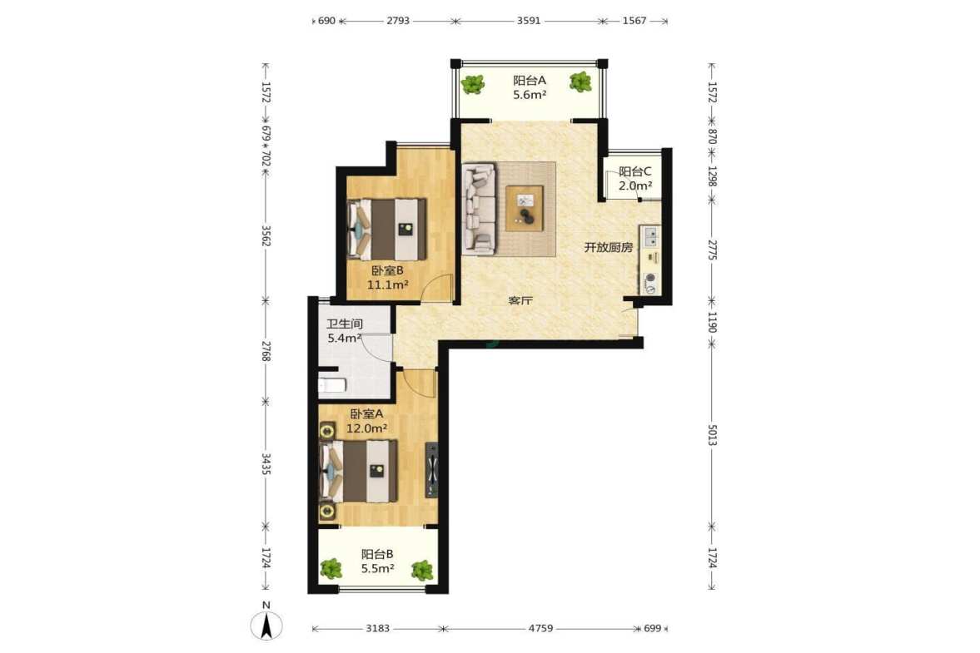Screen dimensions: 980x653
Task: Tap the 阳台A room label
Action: pyautogui.click(x=530, y=81)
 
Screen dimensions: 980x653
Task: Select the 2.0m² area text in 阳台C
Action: pyautogui.click(x=635, y=186)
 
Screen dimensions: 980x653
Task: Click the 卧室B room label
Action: pyautogui.click(x=387, y=270)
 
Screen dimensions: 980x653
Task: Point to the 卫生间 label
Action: pyautogui.click(x=345, y=324)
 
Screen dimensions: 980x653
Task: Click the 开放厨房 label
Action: pyautogui.click(x=608, y=247)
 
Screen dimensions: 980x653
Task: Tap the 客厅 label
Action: pyautogui.click(x=520, y=300)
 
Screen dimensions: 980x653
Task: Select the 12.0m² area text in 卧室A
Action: pyautogui.click(x=367, y=428)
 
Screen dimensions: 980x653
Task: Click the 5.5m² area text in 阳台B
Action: pyautogui.click(x=377, y=569)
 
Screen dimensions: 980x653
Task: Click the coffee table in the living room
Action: pyautogui.click(x=525, y=209)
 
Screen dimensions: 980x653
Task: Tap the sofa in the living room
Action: pyautogui.click(x=480, y=209)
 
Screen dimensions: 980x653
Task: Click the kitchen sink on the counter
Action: pyautogui.click(x=650, y=236)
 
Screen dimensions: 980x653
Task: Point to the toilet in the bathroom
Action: pyautogui.click(x=331, y=384)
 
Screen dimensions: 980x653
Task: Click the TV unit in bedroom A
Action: pyautogui.click(x=431, y=469)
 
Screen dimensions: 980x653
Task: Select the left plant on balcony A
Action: pyautogui.click(x=472, y=84)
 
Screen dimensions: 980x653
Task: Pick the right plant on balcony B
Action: pyautogui.click(x=422, y=570)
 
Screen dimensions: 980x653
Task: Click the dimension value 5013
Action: pyautogui.click(x=712, y=435)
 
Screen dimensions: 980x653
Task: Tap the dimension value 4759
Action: pyautogui.click(x=540, y=628)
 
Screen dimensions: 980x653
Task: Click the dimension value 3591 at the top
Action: pyautogui.click(x=528, y=21)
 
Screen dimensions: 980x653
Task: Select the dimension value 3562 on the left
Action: pyautogui.click(x=265, y=235)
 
